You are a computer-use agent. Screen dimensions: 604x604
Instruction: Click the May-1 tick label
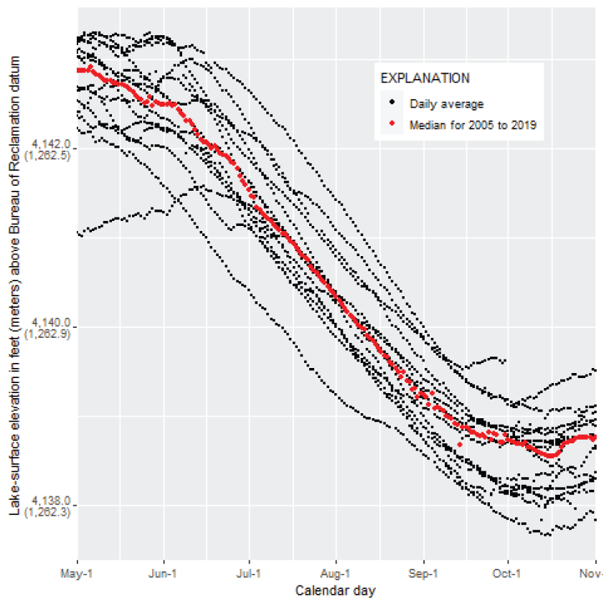click(77, 574)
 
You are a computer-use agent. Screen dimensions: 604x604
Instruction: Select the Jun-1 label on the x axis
click(164, 574)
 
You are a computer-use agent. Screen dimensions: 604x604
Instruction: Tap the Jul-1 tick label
click(249, 574)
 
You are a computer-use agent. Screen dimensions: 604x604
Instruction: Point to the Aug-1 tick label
click(336, 574)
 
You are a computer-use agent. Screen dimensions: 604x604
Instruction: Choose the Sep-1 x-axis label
click(423, 574)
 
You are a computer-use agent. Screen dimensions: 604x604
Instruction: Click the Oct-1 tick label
click(508, 574)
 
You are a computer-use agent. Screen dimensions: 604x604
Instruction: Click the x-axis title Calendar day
click(335, 591)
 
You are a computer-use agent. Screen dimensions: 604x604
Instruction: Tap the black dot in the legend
click(392, 103)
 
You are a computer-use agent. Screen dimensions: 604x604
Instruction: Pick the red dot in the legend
click(392, 125)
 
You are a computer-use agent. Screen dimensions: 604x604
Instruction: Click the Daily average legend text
click(447, 104)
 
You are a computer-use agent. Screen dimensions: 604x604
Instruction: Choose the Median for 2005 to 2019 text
click(473, 125)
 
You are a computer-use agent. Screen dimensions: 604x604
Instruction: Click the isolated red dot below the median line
click(460, 445)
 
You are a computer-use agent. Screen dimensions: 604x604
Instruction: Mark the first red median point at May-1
click(78, 70)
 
